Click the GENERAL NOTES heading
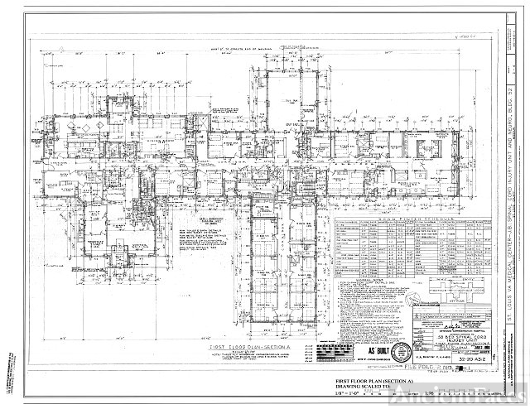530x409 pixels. point(364,280)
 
